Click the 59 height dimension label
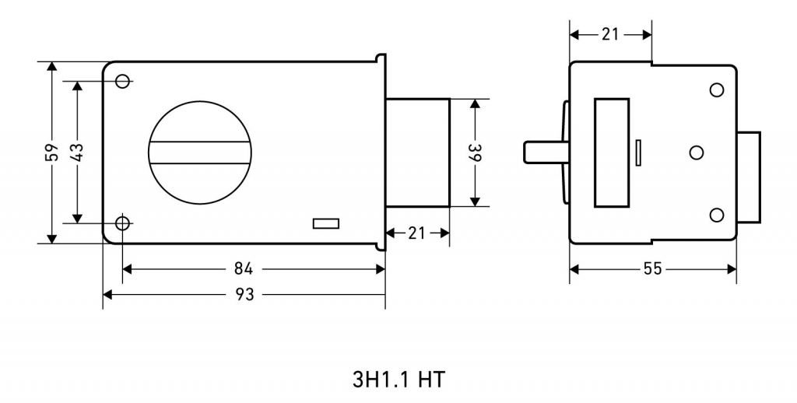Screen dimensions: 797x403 pyautogui.click(x=52, y=152)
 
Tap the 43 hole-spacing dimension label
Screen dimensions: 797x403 pyautogui.click(x=77, y=152)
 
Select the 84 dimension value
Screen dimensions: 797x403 pyautogui.click(x=244, y=269)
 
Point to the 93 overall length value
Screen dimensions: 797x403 pyautogui.click(x=244, y=294)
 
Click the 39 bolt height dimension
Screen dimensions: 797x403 pyautogui.click(x=475, y=152)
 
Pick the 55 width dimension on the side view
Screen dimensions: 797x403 pyautogui.click(x=653, y=269)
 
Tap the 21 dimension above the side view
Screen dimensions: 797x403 pyautogui.click(x=610, y=34)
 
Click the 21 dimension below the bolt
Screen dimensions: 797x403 pyautogui.click(x=416, y=233)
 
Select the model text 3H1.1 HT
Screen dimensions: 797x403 pyautogui.click(x=398, y=380)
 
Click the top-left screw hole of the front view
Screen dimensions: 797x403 pyautogui.click(x=122, y=81)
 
